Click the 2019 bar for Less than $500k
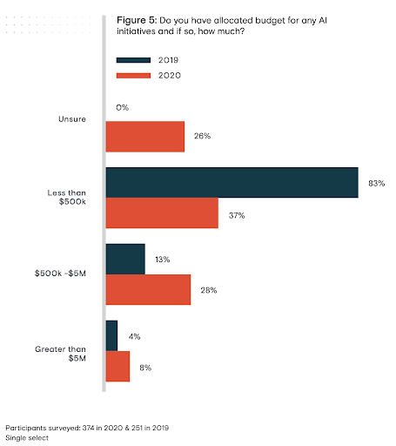[232, 182]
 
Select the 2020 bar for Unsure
[144, 137]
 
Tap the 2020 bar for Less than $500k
[162, 213]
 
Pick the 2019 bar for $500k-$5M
[125, 259]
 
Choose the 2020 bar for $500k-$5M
[148, 290]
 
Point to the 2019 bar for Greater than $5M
[111, 335]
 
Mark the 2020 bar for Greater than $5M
[117, 367]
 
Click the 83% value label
[376, 183]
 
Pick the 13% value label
[163, 260]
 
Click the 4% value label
[134, 336]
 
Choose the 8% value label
[145, 368]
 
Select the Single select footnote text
[27, 438]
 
